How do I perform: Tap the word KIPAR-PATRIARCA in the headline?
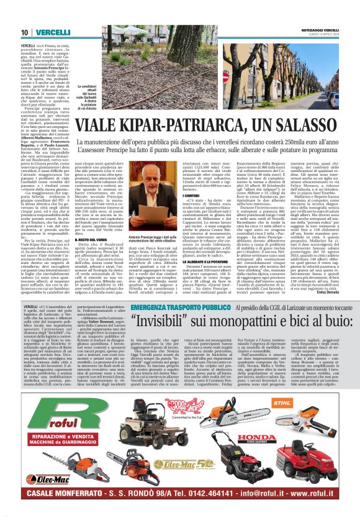177,128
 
